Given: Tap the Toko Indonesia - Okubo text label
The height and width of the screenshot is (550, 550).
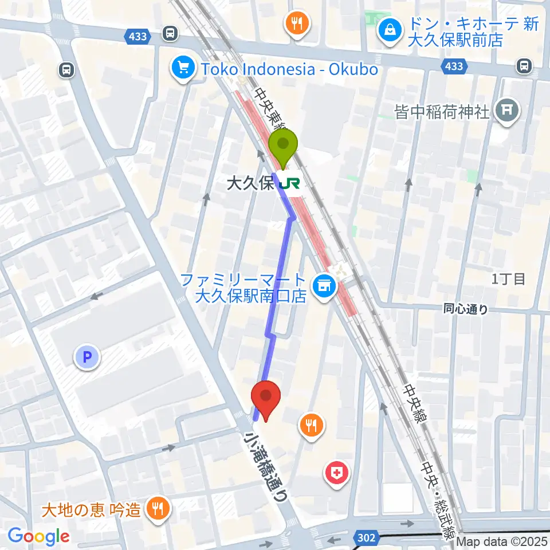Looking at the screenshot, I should (289, 69).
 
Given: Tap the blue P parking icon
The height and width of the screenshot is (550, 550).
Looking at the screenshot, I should (87, 358).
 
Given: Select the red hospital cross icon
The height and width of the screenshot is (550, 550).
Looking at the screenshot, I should (337, 474).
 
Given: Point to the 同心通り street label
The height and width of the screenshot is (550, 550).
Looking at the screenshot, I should (466, 309).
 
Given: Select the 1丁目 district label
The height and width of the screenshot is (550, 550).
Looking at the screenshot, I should (508, 279).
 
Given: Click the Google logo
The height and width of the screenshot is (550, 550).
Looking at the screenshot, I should (39, 537).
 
